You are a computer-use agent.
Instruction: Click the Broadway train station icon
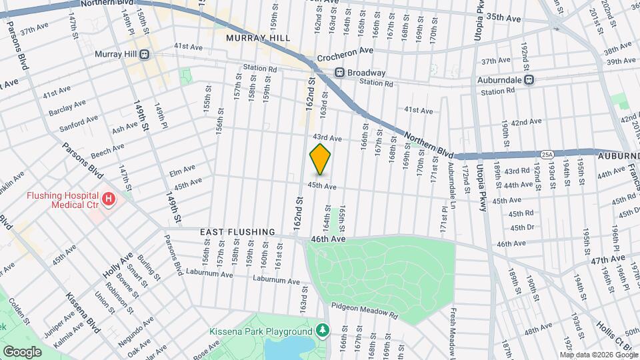(x=339, y=73)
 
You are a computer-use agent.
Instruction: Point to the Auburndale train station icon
(x=529, y=79)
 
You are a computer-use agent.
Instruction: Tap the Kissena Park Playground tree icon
(x=323, y=331)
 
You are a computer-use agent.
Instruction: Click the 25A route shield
(x=547, y=154)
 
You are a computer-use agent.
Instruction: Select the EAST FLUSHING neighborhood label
(x=238, y=232)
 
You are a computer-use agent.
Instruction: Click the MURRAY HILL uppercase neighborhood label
(x=258, y=38)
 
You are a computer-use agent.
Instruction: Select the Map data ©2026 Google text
(x=598, y=355)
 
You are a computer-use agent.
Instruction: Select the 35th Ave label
(x=503, y=18)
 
